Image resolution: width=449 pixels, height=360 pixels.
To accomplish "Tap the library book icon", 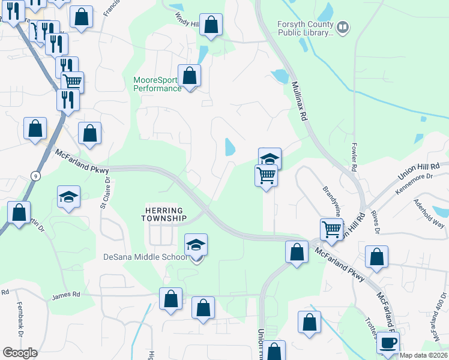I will tap(343, 26).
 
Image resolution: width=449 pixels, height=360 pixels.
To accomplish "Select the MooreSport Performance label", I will tap(157, 84).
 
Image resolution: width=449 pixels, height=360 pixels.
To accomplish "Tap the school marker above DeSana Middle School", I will tap(196, 245).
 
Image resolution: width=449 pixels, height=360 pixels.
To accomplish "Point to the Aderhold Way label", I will tap(429, 214).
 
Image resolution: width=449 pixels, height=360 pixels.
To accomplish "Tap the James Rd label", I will tap(66, 295).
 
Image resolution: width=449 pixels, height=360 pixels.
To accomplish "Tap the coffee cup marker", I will tap(388, 343).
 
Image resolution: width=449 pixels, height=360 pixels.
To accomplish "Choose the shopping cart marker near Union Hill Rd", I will tap(331, 229).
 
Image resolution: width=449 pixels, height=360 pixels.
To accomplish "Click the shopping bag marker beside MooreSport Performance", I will tap(190, 76).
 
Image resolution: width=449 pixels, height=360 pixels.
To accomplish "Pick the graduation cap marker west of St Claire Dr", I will tap(69, 196).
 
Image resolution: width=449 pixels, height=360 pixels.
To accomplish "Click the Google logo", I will tap(20, 353).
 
